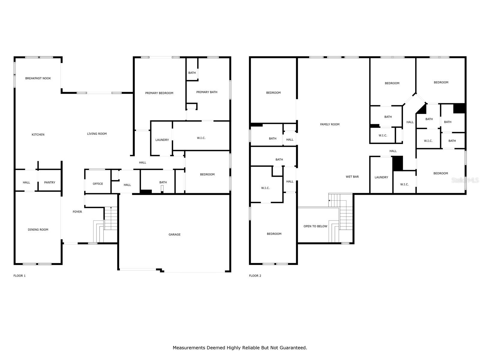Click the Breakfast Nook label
coord(38,78)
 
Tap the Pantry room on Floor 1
coord(49,182)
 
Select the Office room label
coord(98,184)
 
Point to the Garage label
coord(174,235)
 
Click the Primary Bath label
coord(207,92)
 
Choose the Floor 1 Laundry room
coord(162,140)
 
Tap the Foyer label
coord(77,212)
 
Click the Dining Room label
coord(38,230)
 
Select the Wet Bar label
coord(352,177)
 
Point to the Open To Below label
coord(315,226)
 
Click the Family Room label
coord(330,124)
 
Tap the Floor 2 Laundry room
coord(381,177)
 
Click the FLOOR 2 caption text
coord(255,276)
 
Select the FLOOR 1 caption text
coord(19,276)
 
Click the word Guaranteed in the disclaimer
coord(293,348)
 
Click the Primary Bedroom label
coord(159,93)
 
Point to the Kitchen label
coord(38,135)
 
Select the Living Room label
coord(97,134)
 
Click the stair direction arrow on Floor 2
coord(330,200)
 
